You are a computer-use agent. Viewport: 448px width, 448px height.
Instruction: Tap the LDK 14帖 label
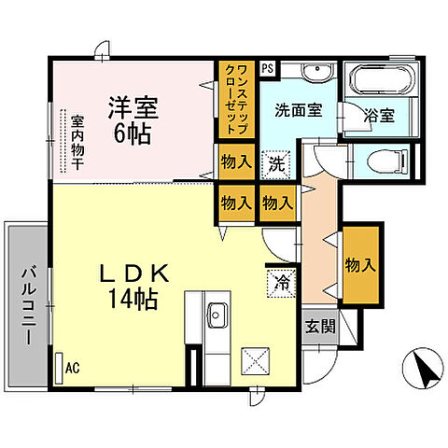[x=135, y=287]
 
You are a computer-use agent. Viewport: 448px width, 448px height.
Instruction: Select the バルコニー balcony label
[x=28, y=302]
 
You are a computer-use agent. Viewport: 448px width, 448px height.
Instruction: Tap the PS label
[x=268, y=67]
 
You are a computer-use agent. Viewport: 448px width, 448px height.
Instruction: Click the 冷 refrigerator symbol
[x=280, y=281]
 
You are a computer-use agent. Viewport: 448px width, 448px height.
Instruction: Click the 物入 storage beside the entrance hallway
[x=360, y=264]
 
